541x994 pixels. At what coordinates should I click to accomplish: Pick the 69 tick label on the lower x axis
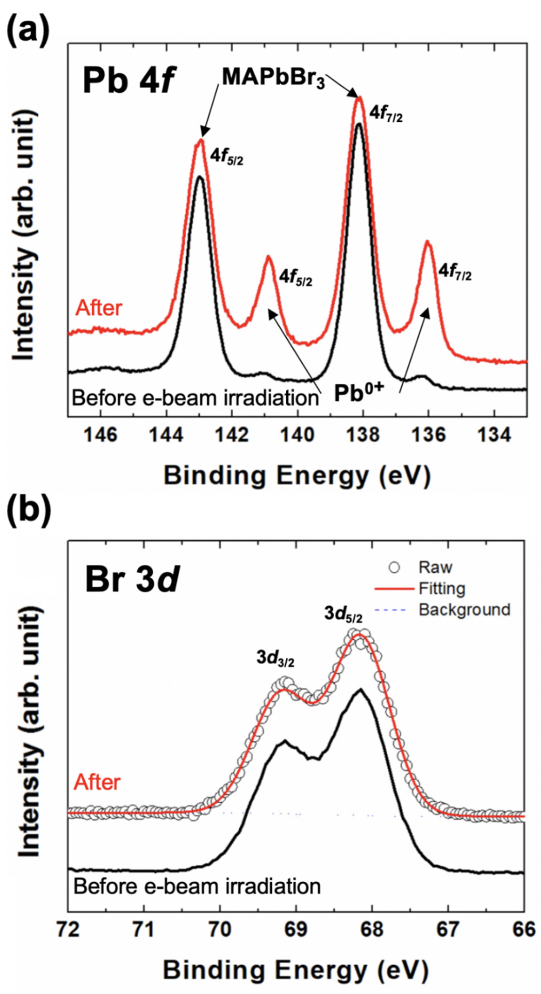pyautogui.click(x=296, y=930)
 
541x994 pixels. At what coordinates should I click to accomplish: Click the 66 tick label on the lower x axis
pyautogui.click(x=524, y=930)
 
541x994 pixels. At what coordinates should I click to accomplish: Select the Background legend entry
pyautogui.click(x=464, y=610)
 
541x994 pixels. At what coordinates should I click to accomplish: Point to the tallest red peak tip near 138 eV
pyautogui.click(x=359, y=98)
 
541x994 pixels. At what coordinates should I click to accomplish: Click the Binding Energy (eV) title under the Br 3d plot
pyautogui.click(x=296, y=970)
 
